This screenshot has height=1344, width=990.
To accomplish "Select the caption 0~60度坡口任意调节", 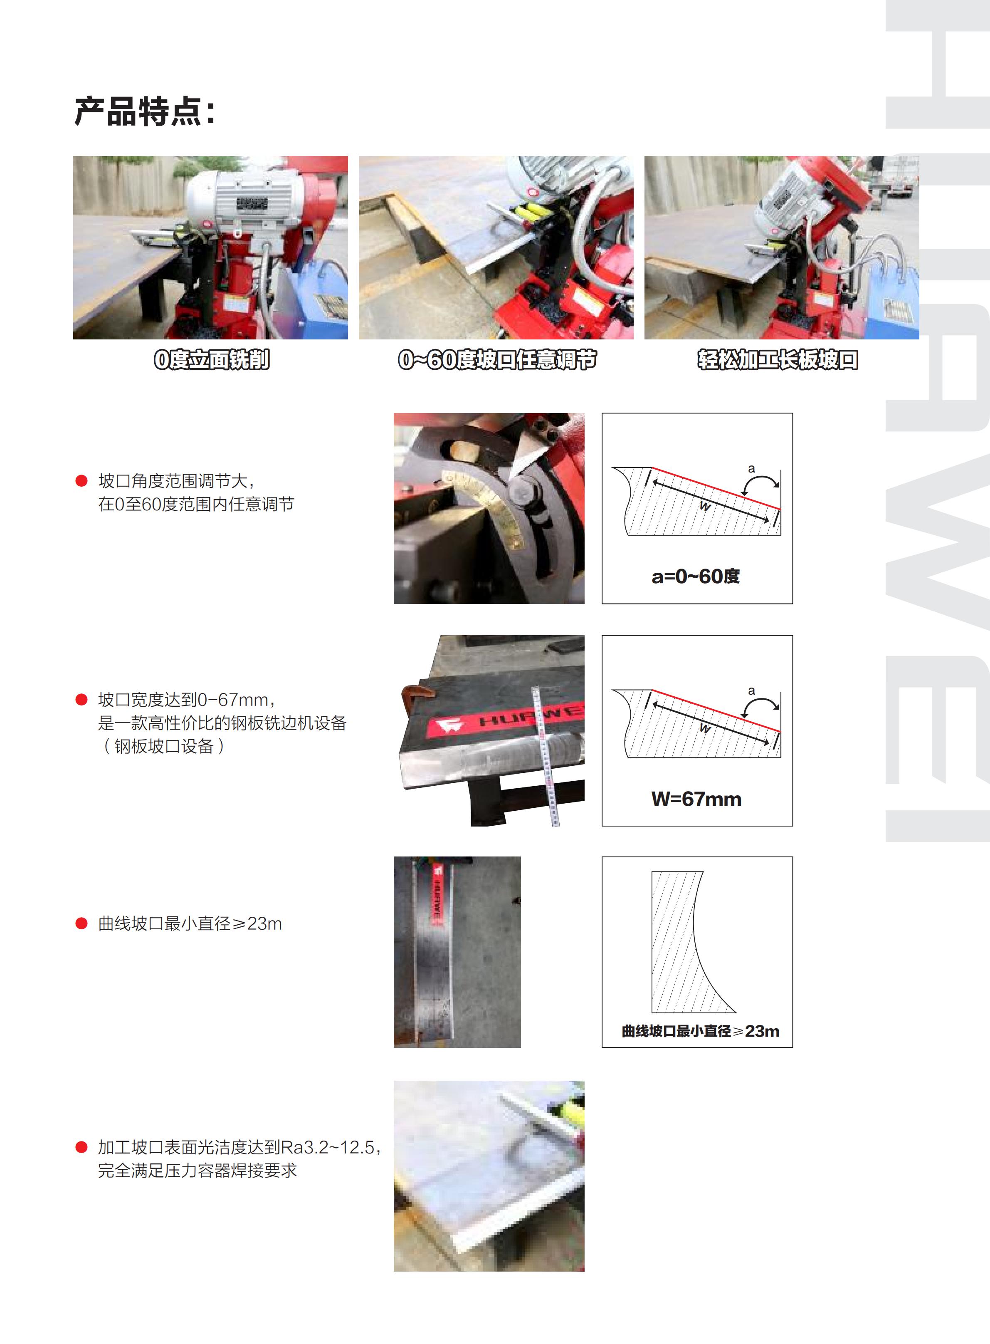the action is tap(497, 360).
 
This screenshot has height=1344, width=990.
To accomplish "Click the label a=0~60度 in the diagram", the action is tap(695, 576).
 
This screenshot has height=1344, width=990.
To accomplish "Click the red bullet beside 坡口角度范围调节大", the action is tap(81, 481).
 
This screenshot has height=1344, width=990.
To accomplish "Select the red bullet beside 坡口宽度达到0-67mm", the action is tap(81, 700).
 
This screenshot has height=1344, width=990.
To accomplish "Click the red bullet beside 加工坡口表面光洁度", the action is tap(81, 1147).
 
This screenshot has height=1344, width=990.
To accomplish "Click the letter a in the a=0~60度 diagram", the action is tap(751, 469).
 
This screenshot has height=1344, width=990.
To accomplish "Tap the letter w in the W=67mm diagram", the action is tap(705, 728).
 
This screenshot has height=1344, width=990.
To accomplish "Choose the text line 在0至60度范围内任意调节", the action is tap(196, 504).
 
